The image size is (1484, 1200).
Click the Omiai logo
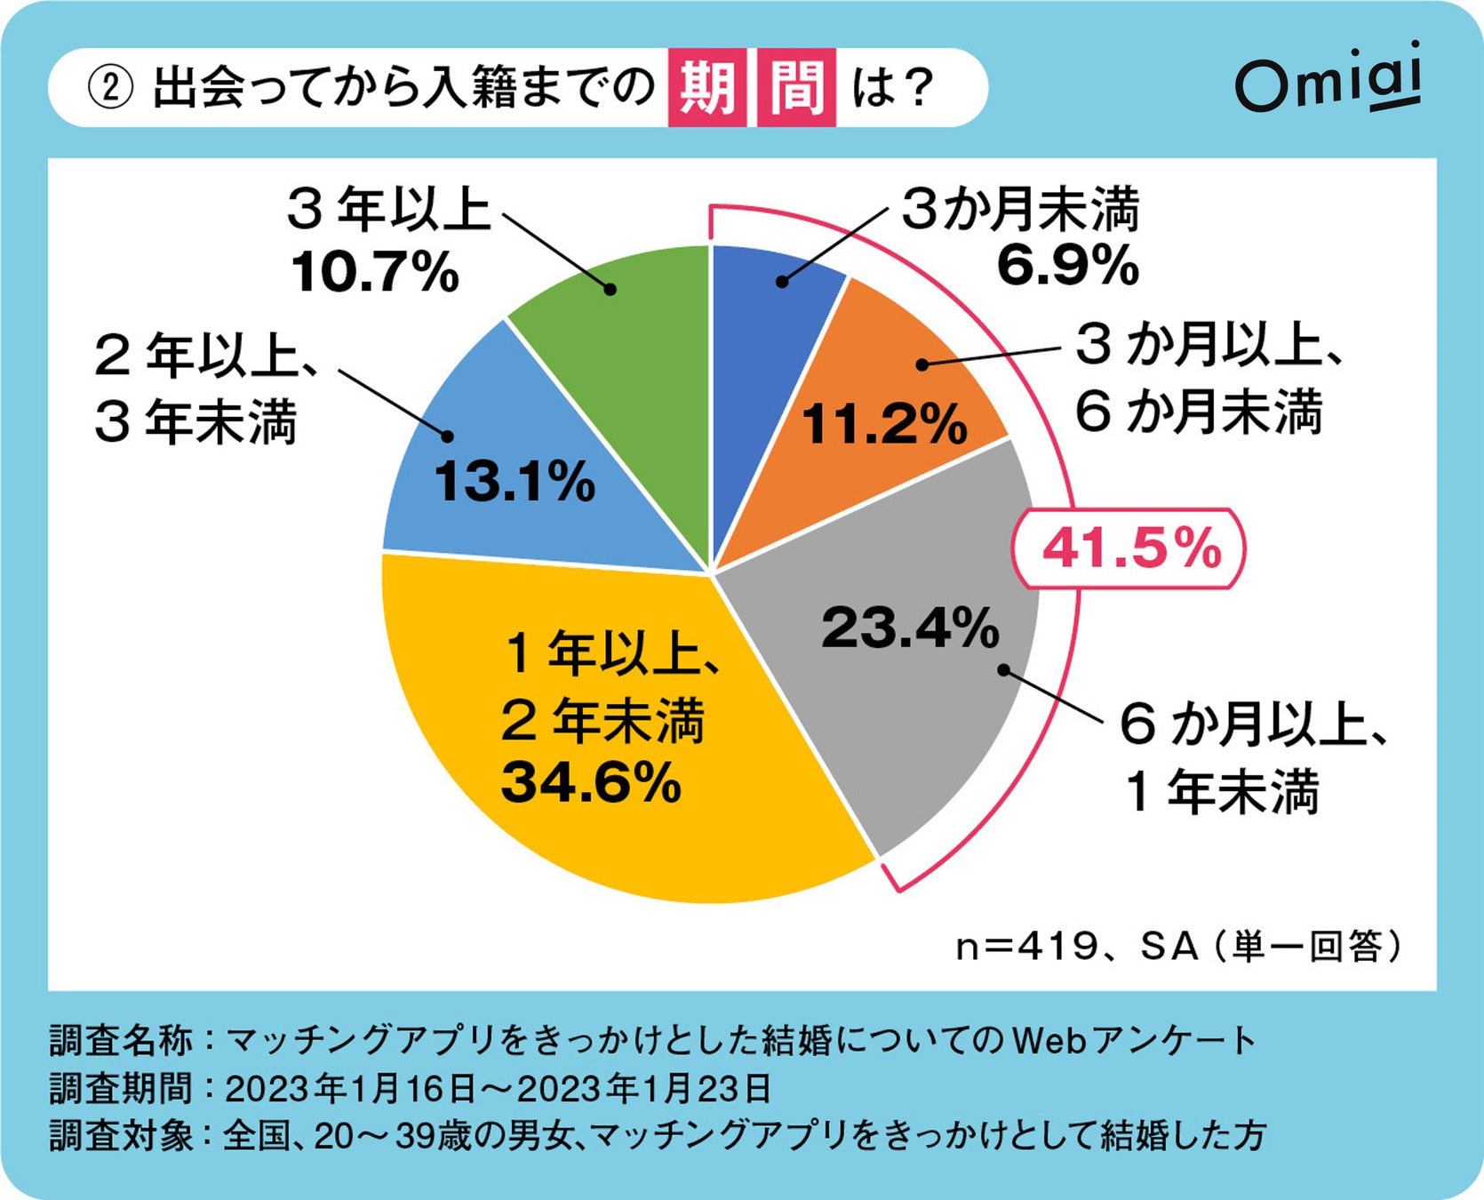1328,80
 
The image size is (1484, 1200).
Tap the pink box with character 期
706,87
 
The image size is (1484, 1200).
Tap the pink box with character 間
796,87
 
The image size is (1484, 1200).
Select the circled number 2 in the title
110,88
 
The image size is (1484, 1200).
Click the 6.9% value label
1067,265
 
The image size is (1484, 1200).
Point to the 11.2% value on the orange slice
883,423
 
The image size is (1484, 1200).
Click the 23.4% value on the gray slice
910,628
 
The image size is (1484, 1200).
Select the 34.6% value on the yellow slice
591,782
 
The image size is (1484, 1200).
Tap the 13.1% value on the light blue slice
514,482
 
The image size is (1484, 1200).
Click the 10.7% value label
374,271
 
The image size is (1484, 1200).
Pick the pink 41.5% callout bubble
1130,548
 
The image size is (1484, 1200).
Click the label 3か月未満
1019,210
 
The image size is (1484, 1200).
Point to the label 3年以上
388,210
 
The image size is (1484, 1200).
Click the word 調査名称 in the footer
120,1039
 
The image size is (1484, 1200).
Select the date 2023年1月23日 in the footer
643,1087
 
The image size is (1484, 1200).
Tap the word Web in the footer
1048,1039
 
